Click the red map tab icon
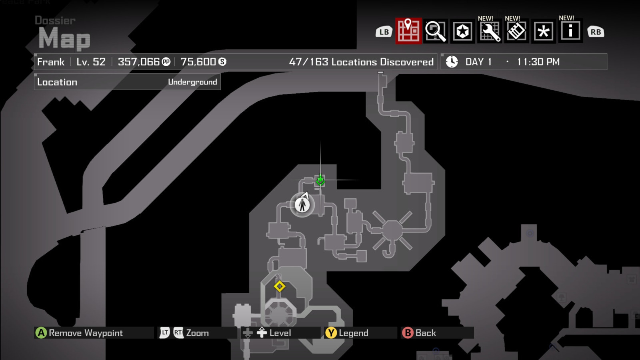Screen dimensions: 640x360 click(x=408, y=31)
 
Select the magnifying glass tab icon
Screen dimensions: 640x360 click(x=435, y=31)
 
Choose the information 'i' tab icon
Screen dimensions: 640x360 click(x=570, y=31)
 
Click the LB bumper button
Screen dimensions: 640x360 click(x=384, y=32)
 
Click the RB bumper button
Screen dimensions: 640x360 click(x=596, y=32)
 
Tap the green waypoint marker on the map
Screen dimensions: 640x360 click(x=320, y=181)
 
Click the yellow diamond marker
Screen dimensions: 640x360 click(x=280, y=286)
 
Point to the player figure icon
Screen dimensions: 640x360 click(x=302, y=205)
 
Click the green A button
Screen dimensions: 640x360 click(x=41, y=333)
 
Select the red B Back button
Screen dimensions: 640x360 click(x=408, y=333)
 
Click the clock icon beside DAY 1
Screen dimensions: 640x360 click(x=452, y=62)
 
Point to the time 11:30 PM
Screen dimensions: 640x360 click(x=538, y=62)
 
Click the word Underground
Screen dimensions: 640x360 click(x=192, y=82)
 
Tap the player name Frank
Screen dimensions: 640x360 click(x=51, y=62)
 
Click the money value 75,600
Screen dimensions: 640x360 click(x=198, y=62)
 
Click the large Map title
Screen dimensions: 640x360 click(x=64, y=39)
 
